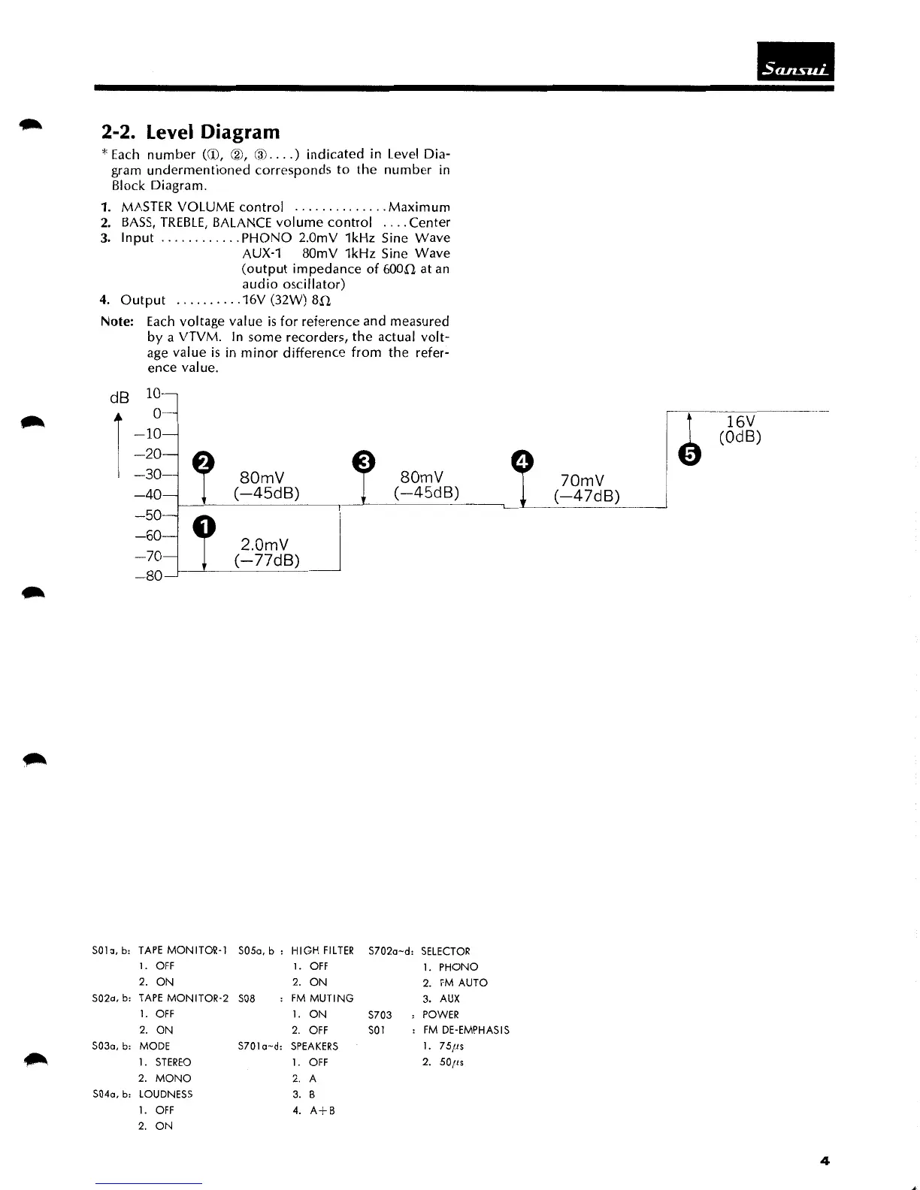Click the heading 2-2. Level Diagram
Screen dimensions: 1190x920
click(x=190, y=132)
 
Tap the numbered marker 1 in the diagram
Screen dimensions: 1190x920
click(x=204, y=527)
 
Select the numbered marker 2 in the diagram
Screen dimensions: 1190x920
click(x=204, y=462)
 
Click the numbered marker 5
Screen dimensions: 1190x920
click(x=690, y=454)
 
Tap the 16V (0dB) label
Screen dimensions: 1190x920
click(x=740, y=429)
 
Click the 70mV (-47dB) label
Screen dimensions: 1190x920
click(x=586, y=488)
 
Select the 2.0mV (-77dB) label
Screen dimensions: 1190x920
click(x=267, y=552)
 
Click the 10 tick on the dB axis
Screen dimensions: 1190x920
click(x=153, y=393)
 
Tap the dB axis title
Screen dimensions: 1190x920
click(x=120, y=397)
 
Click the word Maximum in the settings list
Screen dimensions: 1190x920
click(x=419, y=207)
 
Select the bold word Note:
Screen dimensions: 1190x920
click(x=117, y=322)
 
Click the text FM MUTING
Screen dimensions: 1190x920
click(x=322, y=998)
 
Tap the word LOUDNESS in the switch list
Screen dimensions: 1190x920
click(x=165, y=1094)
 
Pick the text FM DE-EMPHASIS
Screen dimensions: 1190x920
click(x=466, y=1030)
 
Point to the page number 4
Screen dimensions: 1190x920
click(x=825, y=1161)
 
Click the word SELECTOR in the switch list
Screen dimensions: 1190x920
click(x=446, y=951)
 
